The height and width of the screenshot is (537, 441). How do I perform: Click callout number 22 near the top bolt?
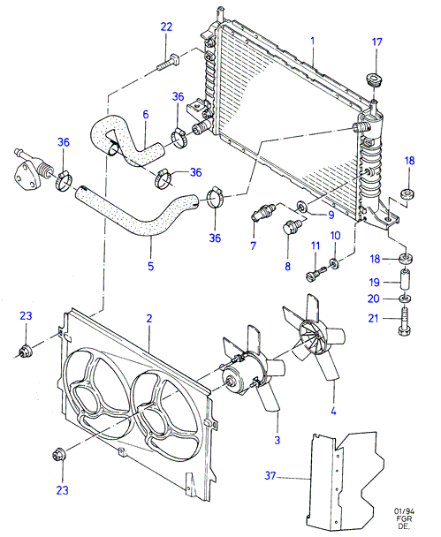click(x=166, y=26)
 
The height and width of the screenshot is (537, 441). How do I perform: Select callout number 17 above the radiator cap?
click(x=376, y=42)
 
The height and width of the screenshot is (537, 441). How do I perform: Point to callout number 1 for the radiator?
click(x=313, y=42)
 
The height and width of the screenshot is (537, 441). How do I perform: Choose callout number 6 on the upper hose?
click(x=146, y=114)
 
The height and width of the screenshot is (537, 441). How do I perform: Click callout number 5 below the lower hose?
click(x=151, y=266)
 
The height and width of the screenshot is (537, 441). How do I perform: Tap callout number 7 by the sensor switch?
click(x=254, y=246)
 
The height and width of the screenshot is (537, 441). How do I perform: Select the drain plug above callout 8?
click(x=292, y=227)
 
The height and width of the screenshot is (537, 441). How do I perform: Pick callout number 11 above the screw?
click(x=316, y=246)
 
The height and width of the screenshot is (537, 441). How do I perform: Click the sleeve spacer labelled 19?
click(x=406, y=280)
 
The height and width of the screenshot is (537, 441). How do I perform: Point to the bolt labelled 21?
click(x=405, y=321)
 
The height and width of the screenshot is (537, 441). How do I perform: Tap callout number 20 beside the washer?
click(x=374, y=299)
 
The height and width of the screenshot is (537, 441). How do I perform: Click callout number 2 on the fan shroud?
click(x=149, y=319)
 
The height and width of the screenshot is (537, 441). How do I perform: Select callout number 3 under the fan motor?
click(x=277, y=440)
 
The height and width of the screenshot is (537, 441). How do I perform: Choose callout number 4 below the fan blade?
click(x=333, y=411)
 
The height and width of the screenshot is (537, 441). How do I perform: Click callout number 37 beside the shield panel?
click(x=270, y=476)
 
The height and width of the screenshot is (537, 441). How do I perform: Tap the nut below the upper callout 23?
click(x=26, y=352)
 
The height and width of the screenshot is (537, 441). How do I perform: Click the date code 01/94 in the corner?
click(x=404, y=511)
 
